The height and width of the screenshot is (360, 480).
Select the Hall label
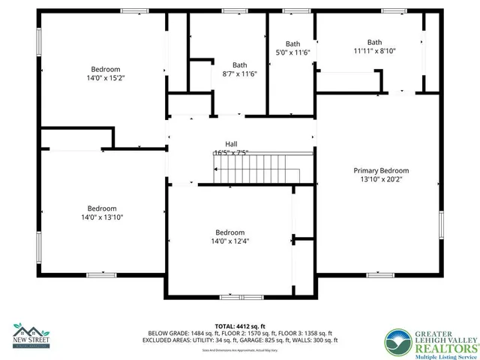click(x=232, y=143)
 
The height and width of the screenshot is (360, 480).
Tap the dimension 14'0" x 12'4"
click(x=229, y=241)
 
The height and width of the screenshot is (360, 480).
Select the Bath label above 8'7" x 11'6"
click(x=239, y=64)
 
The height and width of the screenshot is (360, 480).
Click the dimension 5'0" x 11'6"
click(x=292, y=52)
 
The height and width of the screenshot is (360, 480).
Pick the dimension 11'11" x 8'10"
click(x=375, y=51)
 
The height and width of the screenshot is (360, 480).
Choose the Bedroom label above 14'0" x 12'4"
click(x=229, y=232)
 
